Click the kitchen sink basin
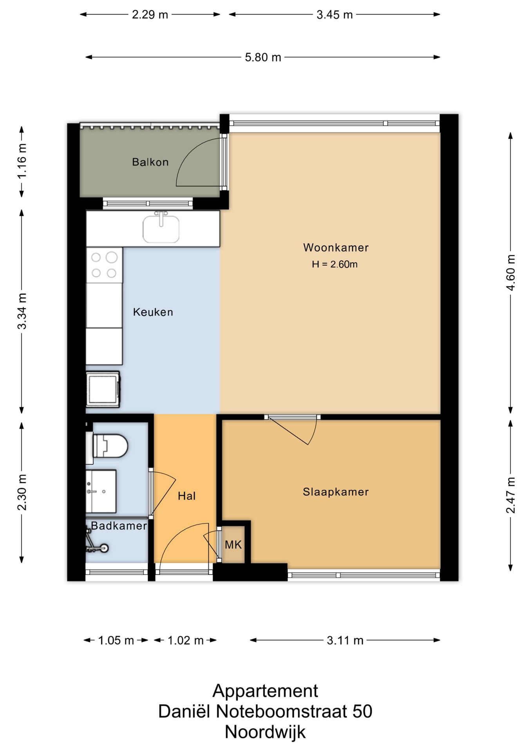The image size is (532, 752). [161, 229]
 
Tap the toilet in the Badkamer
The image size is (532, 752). [107, 446]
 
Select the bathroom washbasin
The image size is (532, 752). [101, 491]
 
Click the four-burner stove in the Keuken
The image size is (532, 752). [104, 265]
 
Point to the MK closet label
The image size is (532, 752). [233, 544]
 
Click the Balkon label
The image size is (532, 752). [150, 162]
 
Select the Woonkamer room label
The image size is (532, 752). [336, 248]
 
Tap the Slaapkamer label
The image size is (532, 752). [336, 492]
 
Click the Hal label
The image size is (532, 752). [186, 496]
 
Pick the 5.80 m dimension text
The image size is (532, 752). [263, 58]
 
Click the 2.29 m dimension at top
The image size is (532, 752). [150, 15]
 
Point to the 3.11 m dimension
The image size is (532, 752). [345, 640]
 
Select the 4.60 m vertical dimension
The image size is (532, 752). [510, 273]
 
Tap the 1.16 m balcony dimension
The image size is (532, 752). [22, 161]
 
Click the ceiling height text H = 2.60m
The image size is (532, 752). [335, 264]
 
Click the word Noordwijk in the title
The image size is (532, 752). [265, 732]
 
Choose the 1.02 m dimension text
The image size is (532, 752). [185, 640]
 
